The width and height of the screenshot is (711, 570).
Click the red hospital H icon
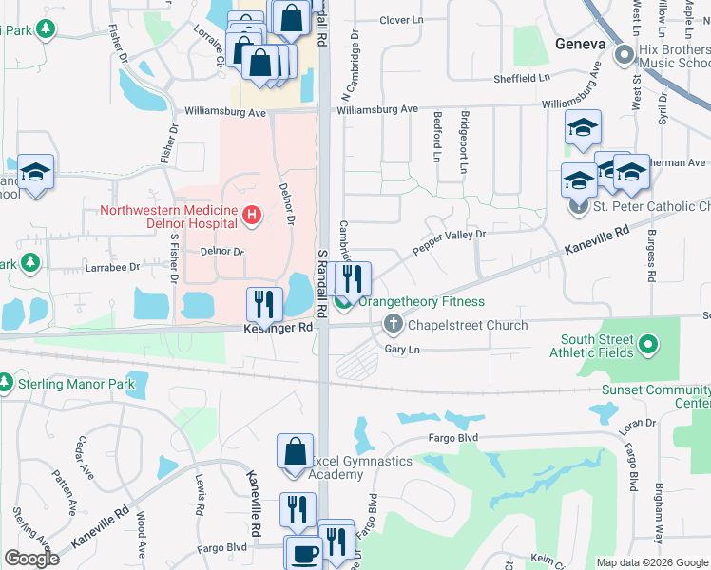click(251, 217)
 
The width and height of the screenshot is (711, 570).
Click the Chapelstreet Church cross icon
click(394, 326)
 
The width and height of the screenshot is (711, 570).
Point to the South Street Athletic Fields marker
click(649, 345)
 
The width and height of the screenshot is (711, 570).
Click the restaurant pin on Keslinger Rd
click(264, 304)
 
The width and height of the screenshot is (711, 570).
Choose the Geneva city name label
click(580, 45)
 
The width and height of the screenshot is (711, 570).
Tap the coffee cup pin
click(303, 553)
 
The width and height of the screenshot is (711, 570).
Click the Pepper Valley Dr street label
click(448, 240)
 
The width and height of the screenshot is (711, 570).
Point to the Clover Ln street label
click(400, 20)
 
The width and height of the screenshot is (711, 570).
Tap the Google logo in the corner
click(31, 559)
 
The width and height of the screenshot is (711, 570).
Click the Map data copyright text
click(652, 562)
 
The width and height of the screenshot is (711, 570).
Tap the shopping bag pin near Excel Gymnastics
click(295, 450)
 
